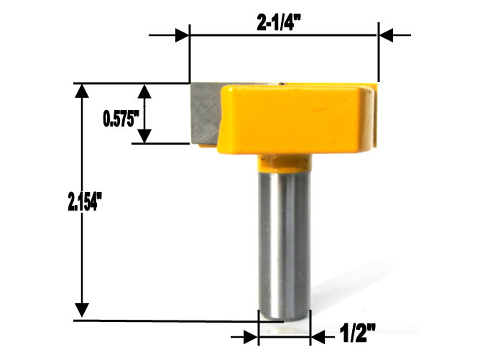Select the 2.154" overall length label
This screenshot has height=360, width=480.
tap(77, 203)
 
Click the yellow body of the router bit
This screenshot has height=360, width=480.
tap(295, 119)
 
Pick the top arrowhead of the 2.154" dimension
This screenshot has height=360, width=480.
tap(83, 91)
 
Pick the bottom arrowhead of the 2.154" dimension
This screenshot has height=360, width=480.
tap(83, 310)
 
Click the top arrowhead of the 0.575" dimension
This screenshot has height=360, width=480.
tap(146, 91)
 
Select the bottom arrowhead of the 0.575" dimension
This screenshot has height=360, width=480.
tap(146, 136)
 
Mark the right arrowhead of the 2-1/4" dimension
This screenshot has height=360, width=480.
tap(384, 34)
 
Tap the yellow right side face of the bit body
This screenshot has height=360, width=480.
tap(371, 119)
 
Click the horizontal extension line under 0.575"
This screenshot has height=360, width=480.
tap(162, 144)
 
